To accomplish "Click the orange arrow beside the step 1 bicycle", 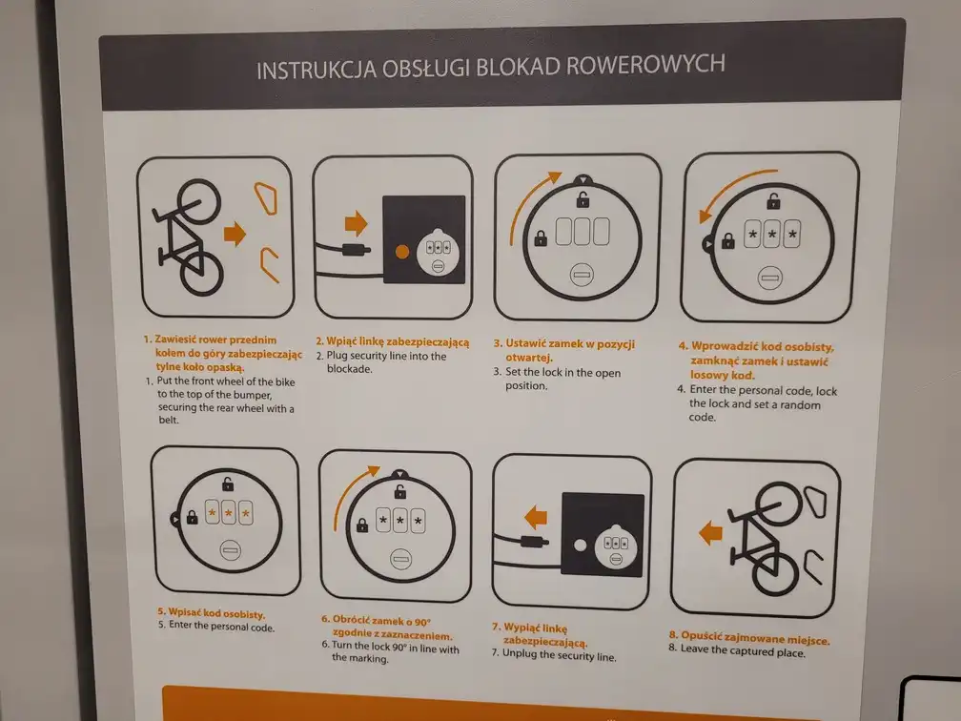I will click(x=234, y=233).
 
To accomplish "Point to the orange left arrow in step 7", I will click(x=537, y=517).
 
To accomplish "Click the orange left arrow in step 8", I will click(x=710, y=531).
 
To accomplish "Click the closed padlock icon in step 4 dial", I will click(x=728, y=242).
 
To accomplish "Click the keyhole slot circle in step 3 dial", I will click(x=581, y=275).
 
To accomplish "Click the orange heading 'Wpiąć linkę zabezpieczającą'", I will click(x=391, y=341).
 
